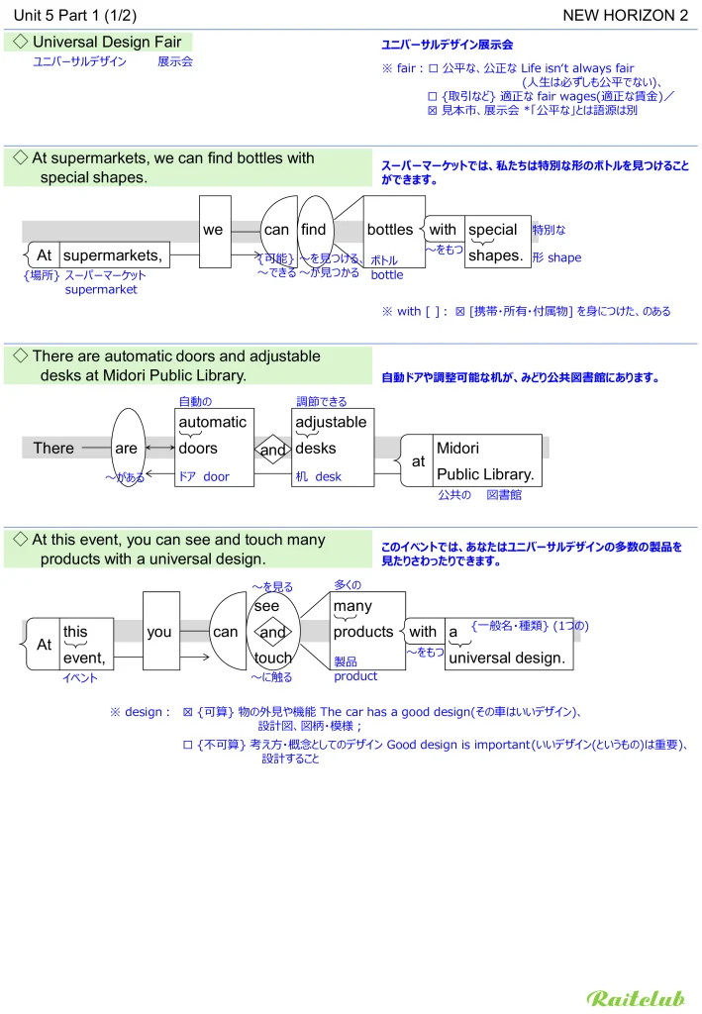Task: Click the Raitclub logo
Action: (635, 998)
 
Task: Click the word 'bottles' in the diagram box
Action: (389, 230)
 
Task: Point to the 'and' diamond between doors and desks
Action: (272, 451)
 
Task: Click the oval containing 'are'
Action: (127, 449)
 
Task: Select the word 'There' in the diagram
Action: (53, 448)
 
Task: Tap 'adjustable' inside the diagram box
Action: (331, 422)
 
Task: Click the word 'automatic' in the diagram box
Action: (212, 422)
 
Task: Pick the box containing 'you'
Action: (159, 632)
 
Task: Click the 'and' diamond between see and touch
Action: (272, 632)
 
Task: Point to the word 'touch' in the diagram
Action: (272, 658)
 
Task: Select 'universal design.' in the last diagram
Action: (507, 658)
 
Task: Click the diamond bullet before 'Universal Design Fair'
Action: (21, 42)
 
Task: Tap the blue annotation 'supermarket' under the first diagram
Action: (101, 290)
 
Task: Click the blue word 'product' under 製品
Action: (355, 676)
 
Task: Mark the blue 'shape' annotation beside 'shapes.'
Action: (564, 257)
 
